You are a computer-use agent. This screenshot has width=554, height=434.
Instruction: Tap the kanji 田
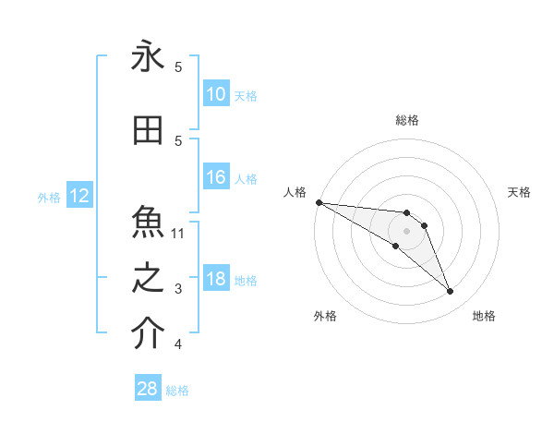pos(148,131)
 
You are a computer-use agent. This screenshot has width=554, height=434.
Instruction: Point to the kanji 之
pos(148,279)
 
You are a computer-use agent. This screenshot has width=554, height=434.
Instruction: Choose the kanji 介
pos(148,334)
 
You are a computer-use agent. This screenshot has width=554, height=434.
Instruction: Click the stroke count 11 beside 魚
pos(178,233)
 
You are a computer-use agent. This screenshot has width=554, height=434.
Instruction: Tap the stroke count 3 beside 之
pos(178,289)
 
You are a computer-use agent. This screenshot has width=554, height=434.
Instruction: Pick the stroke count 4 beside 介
pos(178,344)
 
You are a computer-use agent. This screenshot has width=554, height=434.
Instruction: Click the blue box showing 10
pos(215,93)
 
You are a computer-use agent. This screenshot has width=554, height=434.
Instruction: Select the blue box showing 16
pos(215,177)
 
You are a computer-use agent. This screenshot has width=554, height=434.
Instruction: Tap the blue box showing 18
pos(215,279)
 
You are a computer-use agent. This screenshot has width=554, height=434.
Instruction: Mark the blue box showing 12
pos(78,196)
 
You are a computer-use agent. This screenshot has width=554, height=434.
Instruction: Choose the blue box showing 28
pos(148,389)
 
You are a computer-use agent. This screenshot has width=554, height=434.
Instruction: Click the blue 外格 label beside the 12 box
pos(49,197)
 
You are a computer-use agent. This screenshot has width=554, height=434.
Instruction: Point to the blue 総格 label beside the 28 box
pos(177,390)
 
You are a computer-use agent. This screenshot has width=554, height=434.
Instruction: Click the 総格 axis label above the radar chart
pos(407,120)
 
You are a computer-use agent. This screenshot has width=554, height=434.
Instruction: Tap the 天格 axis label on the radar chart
pos(519,192)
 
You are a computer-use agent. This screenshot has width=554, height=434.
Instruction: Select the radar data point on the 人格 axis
pos(319,202)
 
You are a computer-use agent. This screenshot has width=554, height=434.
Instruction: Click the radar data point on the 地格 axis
pos(450,292)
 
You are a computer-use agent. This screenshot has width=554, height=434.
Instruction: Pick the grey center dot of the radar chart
pos(407,231)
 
